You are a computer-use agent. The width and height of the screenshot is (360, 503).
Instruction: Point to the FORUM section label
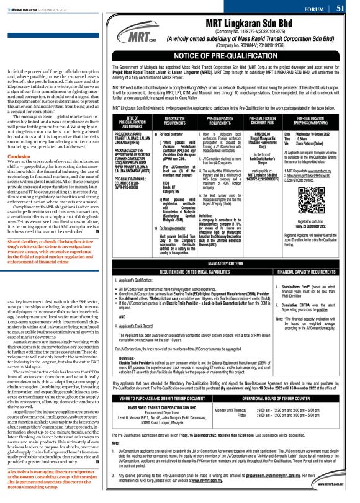[x=318, y=8]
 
